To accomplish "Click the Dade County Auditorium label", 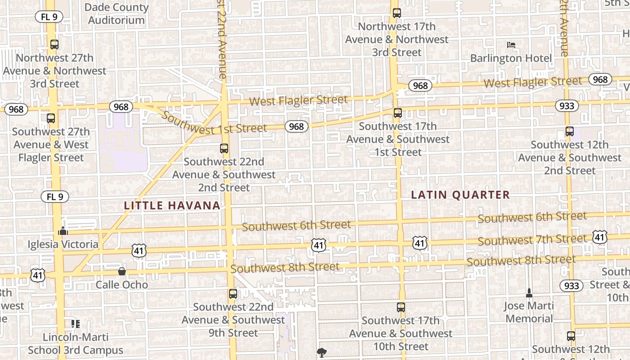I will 116,13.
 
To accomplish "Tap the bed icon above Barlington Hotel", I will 511,45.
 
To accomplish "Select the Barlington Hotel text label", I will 511,58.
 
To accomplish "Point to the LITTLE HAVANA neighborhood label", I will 172,206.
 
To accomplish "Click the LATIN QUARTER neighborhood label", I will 460,195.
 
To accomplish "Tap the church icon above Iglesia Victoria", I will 63,231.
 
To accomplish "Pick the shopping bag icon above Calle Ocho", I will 121,271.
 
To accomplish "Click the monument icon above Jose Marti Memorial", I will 529,293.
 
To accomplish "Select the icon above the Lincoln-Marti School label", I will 76,324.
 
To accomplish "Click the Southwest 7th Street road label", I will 532,240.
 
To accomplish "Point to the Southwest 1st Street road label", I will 214,123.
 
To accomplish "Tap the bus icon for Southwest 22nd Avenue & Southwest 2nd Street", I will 224,148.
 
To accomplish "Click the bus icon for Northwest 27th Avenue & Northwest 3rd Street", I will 54,45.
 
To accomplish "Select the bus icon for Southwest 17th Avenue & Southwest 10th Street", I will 400,307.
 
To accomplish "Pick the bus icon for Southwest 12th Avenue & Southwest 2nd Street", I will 570,131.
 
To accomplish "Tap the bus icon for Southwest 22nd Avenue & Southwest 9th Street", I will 233,294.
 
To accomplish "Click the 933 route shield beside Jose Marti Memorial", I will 571,285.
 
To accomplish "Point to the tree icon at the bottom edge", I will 321,352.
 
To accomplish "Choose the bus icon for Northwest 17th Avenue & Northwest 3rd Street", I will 396,13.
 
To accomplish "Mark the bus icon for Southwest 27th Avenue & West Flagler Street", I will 51,118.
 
